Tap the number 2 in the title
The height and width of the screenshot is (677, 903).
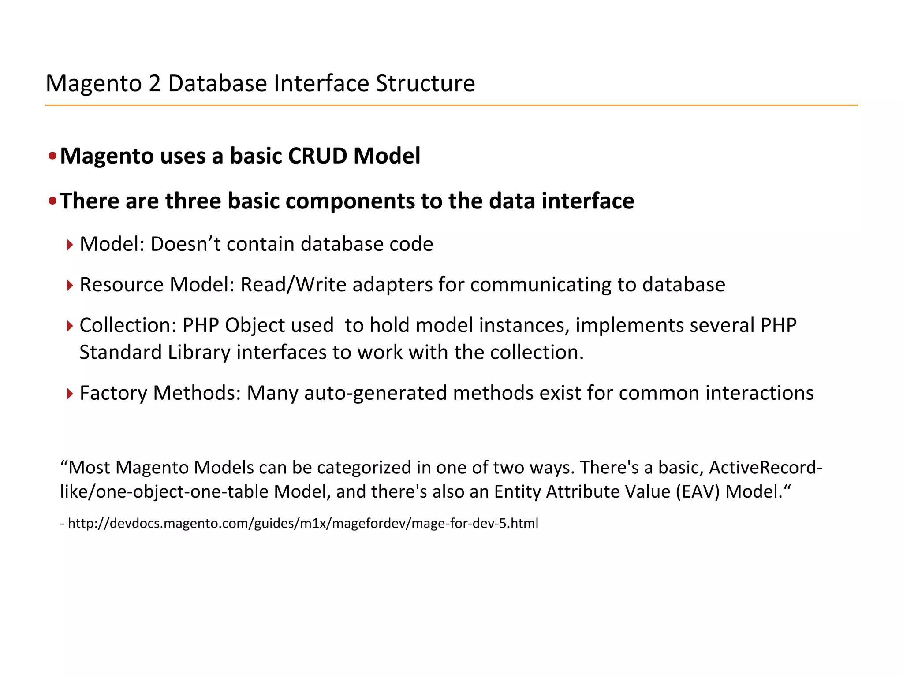tap(155, 83)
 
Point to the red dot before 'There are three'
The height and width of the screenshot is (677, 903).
tap(52, 201)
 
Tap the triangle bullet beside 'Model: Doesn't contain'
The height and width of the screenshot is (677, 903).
tap(70, 245)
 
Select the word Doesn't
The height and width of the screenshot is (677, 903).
tap(185, 244)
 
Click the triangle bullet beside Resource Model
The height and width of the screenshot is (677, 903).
tap(70, 285)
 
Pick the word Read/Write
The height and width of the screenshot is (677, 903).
tap(293, 285)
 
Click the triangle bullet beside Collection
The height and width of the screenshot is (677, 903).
tap(70, 326)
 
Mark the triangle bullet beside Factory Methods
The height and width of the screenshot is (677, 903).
tap(70, 393)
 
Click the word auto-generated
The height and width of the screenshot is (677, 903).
tap(375, 393)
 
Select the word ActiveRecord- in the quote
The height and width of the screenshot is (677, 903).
tap(765, 467)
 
